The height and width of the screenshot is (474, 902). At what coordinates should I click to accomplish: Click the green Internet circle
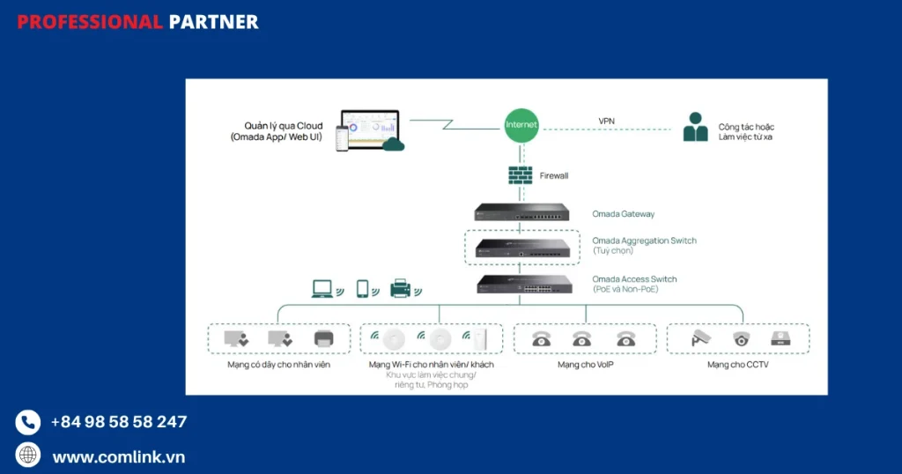521,125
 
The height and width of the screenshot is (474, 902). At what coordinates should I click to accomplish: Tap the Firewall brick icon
521,174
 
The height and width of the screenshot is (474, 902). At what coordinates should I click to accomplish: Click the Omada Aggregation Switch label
644,241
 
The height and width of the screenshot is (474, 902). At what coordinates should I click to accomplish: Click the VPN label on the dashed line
606,121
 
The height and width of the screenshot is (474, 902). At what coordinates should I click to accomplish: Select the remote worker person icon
696,128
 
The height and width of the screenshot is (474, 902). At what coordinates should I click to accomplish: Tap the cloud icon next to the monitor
393,143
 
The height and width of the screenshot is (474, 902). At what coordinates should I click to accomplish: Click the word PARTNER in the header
213,22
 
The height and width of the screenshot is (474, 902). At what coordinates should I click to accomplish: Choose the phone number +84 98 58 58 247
119,422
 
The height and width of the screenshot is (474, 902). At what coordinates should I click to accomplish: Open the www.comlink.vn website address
119,456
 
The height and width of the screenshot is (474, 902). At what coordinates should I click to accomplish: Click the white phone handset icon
28,422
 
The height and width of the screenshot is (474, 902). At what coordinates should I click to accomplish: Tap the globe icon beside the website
28,455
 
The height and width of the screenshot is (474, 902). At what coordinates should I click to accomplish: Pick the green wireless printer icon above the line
402,288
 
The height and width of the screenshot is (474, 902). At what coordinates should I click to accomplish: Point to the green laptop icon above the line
322,288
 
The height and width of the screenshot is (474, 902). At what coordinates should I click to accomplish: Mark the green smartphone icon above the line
362,288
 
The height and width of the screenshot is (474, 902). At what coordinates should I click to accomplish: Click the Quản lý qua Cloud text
284,126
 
